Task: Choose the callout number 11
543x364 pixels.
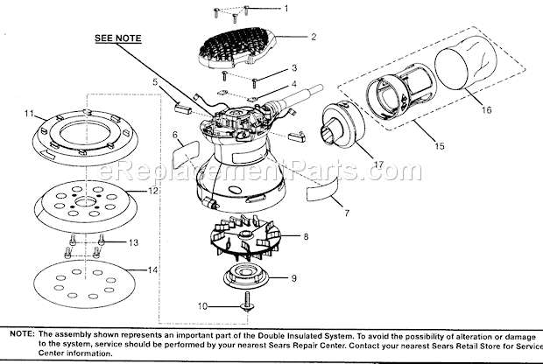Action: point(29,114)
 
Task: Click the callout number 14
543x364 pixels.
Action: point(152,270)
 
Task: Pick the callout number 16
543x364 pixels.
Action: point(487,109)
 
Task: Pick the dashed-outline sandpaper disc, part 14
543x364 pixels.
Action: point(83,282)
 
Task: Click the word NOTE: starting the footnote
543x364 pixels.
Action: point(23,334)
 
